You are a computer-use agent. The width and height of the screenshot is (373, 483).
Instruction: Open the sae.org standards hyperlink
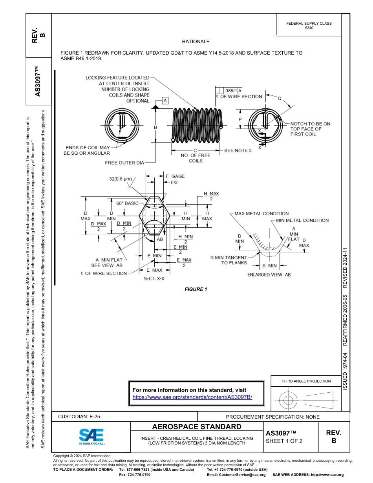[x=192, y=397]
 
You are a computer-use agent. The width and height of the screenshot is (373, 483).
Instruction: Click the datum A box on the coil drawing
[x=165, y=101]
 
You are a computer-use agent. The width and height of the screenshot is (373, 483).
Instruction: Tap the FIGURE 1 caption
[x=196, y=289]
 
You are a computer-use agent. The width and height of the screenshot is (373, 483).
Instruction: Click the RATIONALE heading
[x=196, y=42]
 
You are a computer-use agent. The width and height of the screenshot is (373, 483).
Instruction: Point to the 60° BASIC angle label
[x=127, y=203]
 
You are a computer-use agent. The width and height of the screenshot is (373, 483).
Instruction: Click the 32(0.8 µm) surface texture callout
[x=120, y=179]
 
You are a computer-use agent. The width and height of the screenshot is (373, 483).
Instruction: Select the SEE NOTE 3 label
[x=238, y=150]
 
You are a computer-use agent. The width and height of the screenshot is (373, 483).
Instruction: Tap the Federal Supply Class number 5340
[x=309, y=28]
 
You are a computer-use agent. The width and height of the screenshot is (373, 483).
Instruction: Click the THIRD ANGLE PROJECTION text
[x=306, y=381]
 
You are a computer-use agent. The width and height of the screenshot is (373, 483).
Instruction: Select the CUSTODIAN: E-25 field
[x=82, y=417]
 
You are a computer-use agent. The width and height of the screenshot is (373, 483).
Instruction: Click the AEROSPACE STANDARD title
[x=197, y=427]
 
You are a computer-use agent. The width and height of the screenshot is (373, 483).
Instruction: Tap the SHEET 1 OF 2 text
[x=284, y=441]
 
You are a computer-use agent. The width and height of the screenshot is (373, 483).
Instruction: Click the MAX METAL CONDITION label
[x=261, y=214]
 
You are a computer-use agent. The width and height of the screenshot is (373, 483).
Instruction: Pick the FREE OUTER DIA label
[x=124, y=163]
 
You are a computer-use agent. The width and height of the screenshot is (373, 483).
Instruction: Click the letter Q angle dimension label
[x=280, y=99]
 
